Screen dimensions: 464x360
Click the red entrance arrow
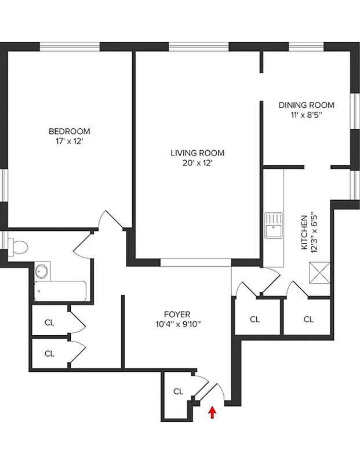(x=213, y=412)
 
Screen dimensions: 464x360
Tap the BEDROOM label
(x=69, y=131)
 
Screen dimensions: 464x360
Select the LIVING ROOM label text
(x=197, y=153)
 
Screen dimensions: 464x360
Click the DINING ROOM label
(x=307, y=105)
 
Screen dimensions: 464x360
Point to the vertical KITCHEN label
(x=304, y=232)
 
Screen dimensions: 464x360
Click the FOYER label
(x=177, y=314)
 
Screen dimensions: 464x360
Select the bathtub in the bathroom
(x=60, y=291)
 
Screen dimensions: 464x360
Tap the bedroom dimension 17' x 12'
(x=69, y=140)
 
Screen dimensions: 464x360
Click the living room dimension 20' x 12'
(x=197, y=163)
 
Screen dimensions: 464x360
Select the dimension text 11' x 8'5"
(x=307, y=115)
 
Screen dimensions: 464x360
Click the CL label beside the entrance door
(x=178, y=391)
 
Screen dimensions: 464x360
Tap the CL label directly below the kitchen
(x=308, y=319)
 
